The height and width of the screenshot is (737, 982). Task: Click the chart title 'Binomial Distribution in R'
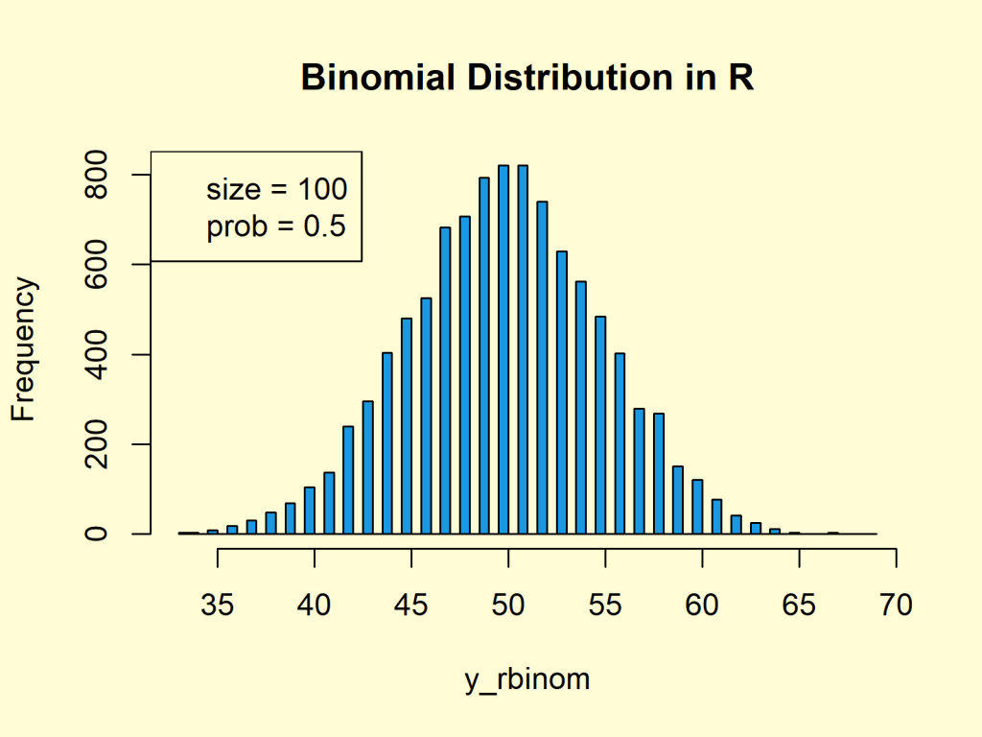coord(527,78)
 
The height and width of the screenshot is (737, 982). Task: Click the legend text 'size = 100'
coord(276,189)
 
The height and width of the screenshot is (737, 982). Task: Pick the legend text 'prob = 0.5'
coord(276,227)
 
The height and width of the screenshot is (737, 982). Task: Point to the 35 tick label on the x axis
coord(218,606)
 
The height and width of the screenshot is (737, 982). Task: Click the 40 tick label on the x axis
coord(315,606)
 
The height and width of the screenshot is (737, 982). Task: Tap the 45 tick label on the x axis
coord(411,606)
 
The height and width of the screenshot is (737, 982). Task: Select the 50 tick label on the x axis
coord(508,606)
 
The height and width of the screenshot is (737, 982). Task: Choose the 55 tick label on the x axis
coord(605,606)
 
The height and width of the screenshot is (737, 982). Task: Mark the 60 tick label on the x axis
coord(702,606)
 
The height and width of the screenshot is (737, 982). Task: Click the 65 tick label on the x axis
coord(799,606)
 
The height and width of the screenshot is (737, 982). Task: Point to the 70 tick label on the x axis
coord(896,606)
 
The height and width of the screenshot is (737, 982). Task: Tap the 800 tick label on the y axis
coord(97,175)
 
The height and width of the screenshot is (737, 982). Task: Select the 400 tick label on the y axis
coord(97,354)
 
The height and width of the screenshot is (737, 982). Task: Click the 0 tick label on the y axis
coord(97,534)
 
